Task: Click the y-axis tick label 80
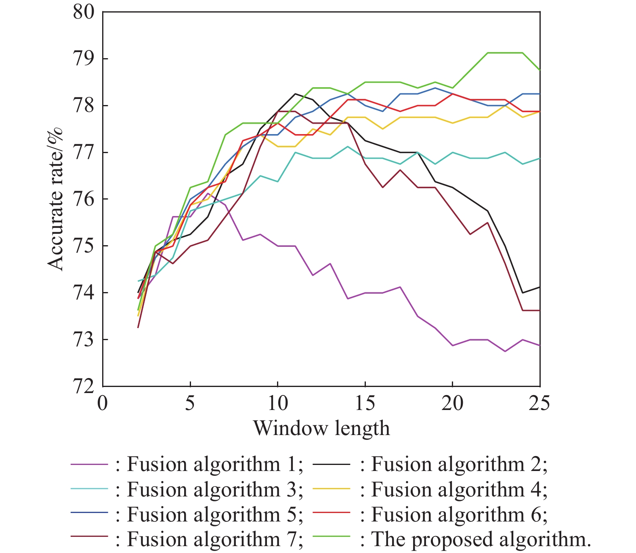(x=84, y=12)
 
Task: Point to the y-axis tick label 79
(x=84, y=59)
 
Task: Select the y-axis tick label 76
(x=84, y=199)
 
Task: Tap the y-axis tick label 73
(x=84, y=339)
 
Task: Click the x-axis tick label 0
(x=103, y=403)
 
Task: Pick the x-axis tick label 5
(x=190, y=403)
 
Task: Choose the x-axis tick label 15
(x=365, y=403)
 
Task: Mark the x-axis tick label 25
(x=539, y=403)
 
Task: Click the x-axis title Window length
(x=321, y=428)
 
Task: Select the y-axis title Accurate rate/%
(x=56, y=198)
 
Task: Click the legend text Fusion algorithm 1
(x=214, y=465)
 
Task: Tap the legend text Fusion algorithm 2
(x=459, y=465)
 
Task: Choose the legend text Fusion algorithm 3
(x=214, y=490)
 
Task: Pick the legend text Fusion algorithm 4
(x=459, y=490)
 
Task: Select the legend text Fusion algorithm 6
(x=459, y=515)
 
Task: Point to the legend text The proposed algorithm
(x=481, y=539)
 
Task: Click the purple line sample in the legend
(x=89, y=465)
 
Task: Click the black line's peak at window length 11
(x=295, y=94)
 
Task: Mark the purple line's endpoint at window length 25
(x=539, y=345)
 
